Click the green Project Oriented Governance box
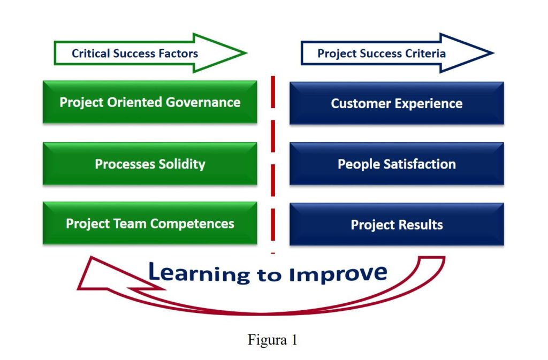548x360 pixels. [150, 102]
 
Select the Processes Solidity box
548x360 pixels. [150, 163]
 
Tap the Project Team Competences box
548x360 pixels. [150, 223]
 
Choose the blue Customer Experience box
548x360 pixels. [397, 103]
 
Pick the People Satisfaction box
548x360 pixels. [397, 163]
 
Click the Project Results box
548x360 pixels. [397, 224]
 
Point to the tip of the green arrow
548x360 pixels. [247, 53]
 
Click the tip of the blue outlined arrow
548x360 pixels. [493, 53]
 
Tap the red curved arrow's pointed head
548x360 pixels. [79, 288]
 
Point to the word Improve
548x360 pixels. [338, 274]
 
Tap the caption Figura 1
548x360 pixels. [272, 339]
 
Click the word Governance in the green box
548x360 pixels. [203, 102]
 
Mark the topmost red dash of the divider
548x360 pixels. [273, 92]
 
